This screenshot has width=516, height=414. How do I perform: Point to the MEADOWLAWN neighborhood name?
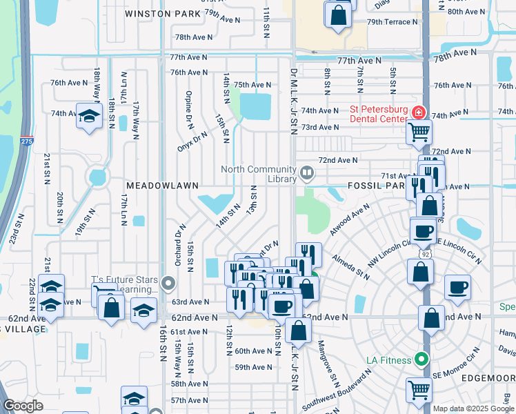pos(162,186)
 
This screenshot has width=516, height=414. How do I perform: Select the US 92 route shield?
pos(426,253)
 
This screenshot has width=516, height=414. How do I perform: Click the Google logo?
pos(23,406)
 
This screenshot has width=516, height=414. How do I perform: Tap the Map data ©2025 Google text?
pos(472,408)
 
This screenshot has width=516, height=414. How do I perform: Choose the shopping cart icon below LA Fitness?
pos(418,390)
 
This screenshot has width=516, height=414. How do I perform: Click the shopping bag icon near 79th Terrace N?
pos(338,15)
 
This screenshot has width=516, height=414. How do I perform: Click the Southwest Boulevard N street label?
pos(338,390)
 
